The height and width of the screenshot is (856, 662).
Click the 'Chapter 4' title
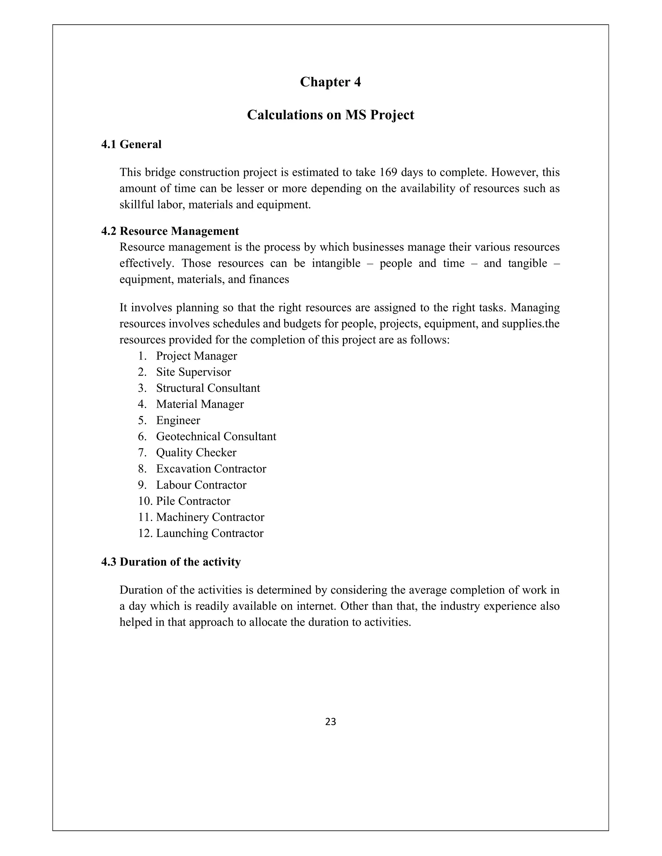(330, 82)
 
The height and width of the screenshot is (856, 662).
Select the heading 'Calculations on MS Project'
(330, 115)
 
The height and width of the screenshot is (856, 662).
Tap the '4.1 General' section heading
(131, 144)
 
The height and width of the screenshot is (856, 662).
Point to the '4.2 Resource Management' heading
(170, 231)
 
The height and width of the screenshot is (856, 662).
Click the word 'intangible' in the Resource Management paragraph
(336, 263)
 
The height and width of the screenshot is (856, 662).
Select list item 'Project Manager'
(197, 356)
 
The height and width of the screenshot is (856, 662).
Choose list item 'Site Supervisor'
(193, 372)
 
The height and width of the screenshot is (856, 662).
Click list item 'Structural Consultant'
(208, 388)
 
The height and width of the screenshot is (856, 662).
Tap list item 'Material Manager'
(200, 404)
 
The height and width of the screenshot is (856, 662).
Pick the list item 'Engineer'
(178, 420)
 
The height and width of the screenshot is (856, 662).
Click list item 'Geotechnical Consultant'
(216, 436)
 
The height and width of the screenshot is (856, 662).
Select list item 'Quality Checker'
(196, 452)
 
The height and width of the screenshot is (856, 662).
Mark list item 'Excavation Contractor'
(211, 469)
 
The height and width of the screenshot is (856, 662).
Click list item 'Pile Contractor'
(193, 501)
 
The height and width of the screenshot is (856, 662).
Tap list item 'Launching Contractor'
(209, 533)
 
